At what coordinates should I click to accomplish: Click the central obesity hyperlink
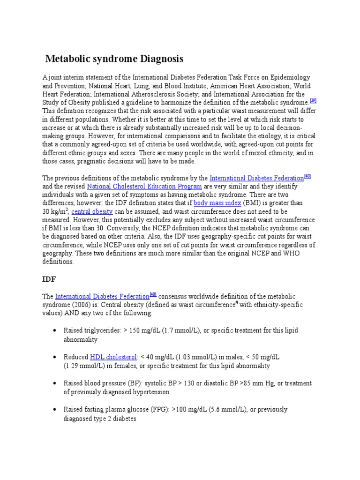[92, 211]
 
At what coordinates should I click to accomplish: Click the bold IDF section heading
[49, 279]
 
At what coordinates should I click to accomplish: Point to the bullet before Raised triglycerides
[56, 330]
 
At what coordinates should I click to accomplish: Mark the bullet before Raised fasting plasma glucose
[56, 409]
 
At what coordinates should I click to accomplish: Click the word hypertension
[150, 392]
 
